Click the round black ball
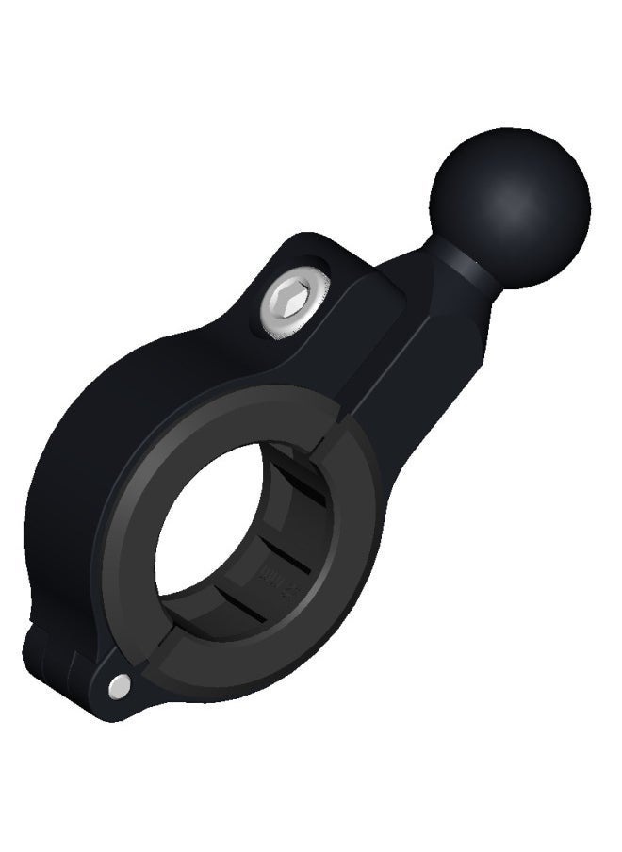(x=509, y=203)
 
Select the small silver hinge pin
(x=118, y=687)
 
